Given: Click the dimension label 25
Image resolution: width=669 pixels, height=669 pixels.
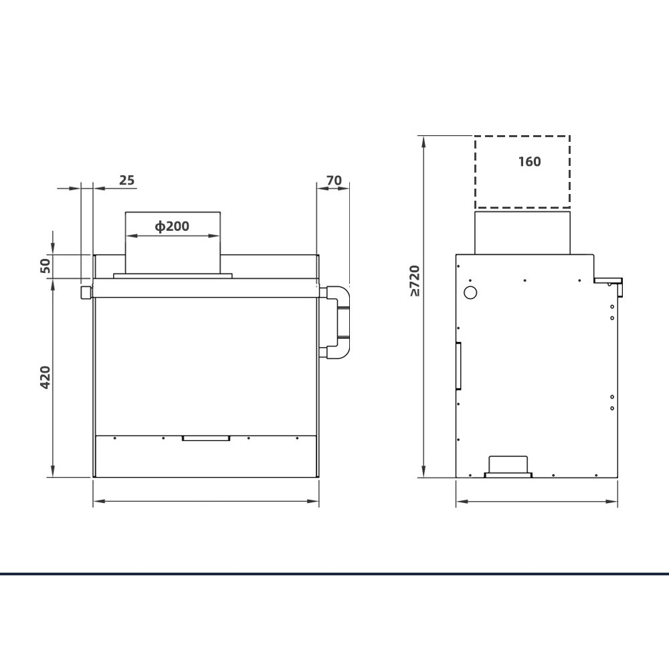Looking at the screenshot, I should [126, 180].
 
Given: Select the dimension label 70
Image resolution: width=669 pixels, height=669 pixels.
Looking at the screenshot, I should [334, 180].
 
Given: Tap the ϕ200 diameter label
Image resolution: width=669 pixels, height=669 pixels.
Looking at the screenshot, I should [172, 226].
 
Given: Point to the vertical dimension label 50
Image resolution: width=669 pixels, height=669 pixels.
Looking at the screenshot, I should [45, 265].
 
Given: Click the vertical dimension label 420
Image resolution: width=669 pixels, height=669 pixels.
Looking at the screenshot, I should [45, 378].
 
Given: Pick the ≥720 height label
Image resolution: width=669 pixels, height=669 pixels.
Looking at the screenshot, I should [415, 281].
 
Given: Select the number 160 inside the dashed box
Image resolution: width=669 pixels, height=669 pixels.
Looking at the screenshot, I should [529, 161].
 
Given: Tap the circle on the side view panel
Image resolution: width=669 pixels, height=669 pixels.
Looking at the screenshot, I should [470, 292].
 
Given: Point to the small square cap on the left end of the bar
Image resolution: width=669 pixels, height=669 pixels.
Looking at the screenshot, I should [85, 292].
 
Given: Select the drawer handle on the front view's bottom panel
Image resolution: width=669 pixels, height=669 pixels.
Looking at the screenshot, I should [206, 438].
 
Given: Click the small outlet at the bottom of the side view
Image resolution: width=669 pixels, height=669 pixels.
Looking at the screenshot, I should [509, 467].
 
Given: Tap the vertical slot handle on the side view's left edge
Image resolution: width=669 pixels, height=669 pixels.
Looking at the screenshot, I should [458, 365].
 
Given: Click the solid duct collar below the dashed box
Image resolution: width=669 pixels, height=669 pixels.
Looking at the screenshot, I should [522, 231].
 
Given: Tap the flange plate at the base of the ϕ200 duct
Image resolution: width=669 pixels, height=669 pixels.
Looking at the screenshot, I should [173, 275].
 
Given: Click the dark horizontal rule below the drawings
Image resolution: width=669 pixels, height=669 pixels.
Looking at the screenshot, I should [334, 573].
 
